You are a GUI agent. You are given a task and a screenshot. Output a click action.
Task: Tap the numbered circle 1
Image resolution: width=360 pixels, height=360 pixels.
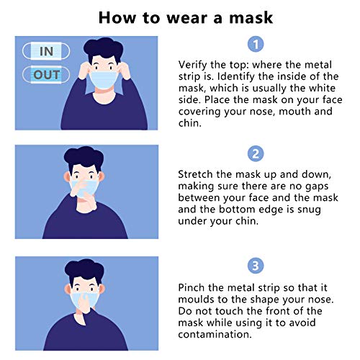click(256, 45)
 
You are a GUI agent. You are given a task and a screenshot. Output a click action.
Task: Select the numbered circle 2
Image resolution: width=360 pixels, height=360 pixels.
click(256, 154)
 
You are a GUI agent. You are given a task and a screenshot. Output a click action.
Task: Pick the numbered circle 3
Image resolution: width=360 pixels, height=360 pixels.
click(256, 265)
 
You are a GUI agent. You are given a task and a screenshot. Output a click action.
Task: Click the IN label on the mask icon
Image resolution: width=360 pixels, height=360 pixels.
click(46, 51)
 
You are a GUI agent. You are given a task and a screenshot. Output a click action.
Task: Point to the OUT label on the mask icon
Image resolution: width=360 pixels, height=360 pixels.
click(46, 74)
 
